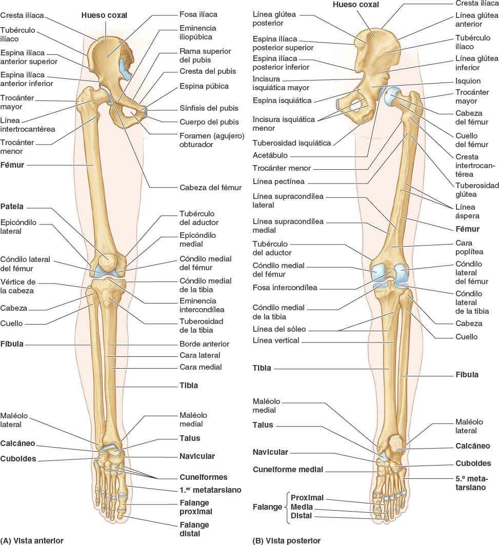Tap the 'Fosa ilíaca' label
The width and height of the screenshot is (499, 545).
point(198,14)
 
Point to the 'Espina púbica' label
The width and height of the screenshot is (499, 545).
point(204,86)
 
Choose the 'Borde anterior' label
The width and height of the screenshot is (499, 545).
point(204,344)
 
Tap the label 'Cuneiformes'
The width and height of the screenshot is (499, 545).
point(204,477)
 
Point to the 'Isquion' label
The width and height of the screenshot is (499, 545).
point(468,81)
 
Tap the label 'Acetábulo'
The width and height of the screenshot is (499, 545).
point(270,155)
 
